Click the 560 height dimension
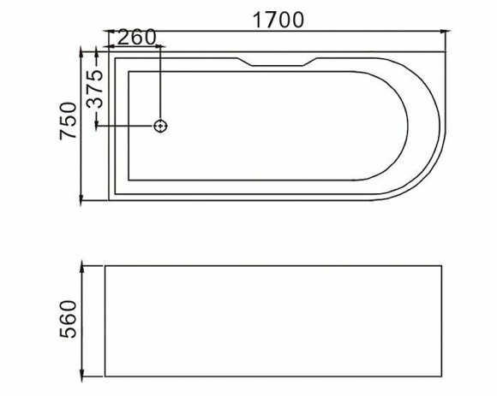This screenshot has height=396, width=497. tap(69, 320)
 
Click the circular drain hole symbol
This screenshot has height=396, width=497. tap(160, 127)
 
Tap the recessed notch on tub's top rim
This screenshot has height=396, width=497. tap(276, 62)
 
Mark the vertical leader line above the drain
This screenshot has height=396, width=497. tap(160, 86)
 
